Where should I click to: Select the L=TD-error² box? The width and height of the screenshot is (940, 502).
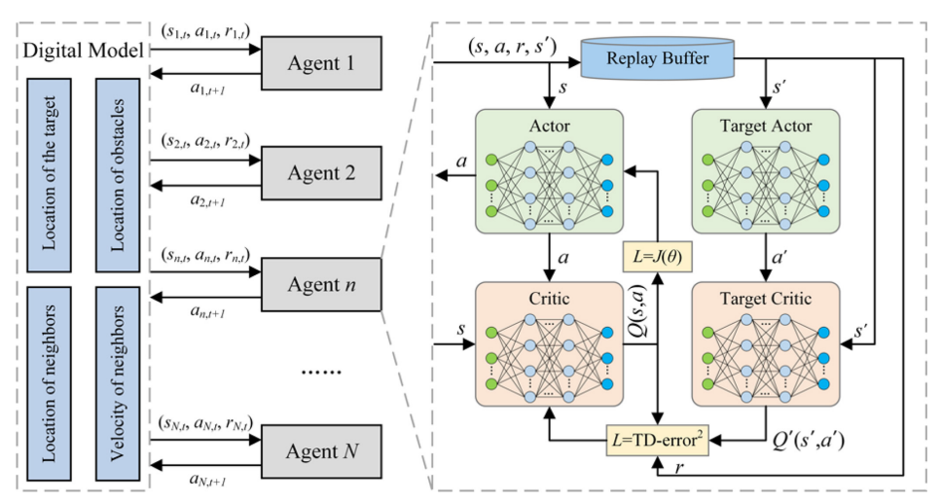point(657,439)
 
